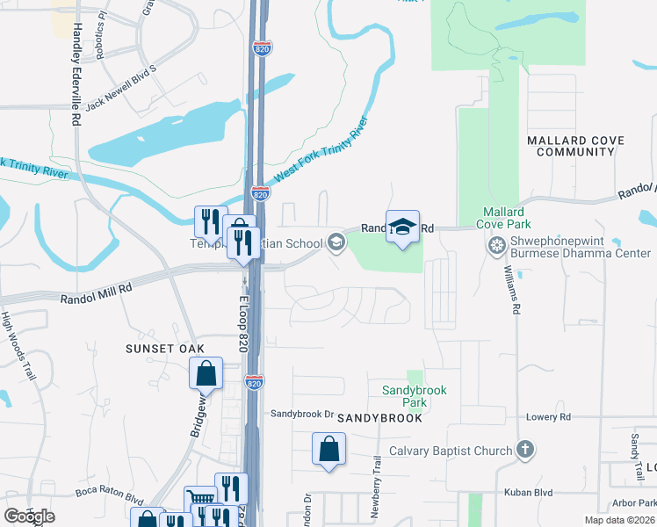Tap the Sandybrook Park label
(x=415, y=396)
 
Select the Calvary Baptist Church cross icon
(x=525, y=451)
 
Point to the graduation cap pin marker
(x=402, y=227)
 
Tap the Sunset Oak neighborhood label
(x=166, y=349)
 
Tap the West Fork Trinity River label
(x=320, y=150)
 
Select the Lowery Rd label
(x=549, y=417)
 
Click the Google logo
(x=29, y=516)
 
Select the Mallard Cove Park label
(x=503, y=218)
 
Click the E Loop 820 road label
(x=245, y=326)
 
